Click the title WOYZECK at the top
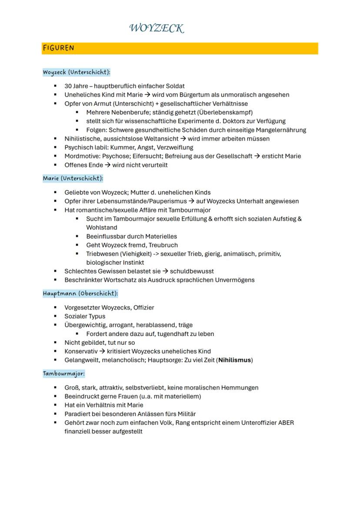pyautogui.click(x=157, y=29)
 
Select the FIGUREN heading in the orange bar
pyautogui.click(x=58, y=48)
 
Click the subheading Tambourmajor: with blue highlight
pyautogui.click(x=63, y=373)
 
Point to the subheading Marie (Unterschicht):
pyautogui.click(x=73, y=178)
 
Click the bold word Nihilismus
pyautogui.click(x=235, y=360)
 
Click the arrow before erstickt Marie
pyautogui.click(x=257, y=156)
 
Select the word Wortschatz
pyautogui.click(x=115, y=280)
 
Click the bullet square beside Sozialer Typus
pyautogui.click(x=56, y=316)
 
